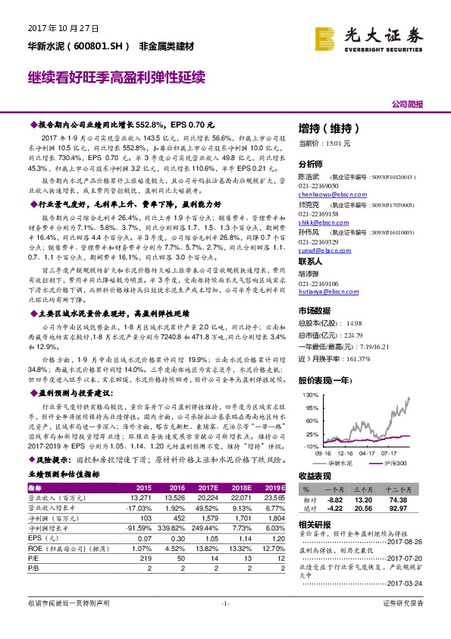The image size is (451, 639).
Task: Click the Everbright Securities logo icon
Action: click(327, 36)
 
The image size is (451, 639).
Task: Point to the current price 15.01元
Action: click(315, 143)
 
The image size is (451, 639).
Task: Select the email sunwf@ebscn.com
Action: click(318, 249)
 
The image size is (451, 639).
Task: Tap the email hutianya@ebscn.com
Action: click(321, 291)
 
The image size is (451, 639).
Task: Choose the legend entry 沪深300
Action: click(393, 462)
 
